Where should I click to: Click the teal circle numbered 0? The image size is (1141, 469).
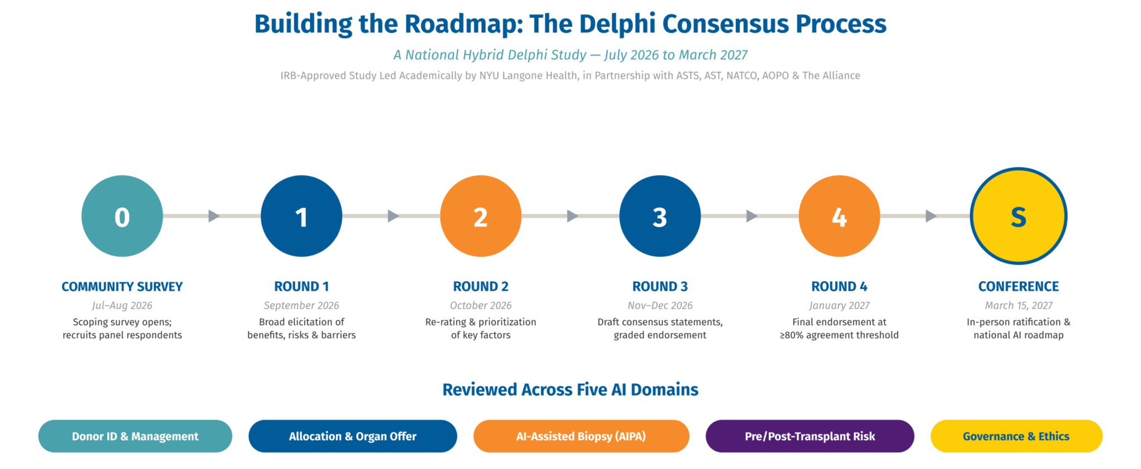click(x=122, y=216)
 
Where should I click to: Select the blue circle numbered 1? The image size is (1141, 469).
click(x=301, y=216)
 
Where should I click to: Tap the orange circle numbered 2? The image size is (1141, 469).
click(x=481, y=216)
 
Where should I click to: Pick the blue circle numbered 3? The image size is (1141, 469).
click(x=660, y=216)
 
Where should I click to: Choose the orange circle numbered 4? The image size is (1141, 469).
click(x=840, y=216)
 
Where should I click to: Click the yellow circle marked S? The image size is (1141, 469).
click(x=1018, y=216)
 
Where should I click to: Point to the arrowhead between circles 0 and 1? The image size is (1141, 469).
click(x=214, y=216)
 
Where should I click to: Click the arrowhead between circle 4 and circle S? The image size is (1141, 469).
click(x=931, y=216)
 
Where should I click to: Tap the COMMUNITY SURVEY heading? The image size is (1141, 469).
click(x=122, y=287)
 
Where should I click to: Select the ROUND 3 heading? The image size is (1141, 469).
click(x=660, y=287)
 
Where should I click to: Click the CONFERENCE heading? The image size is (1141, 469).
click(x=1018, y=287)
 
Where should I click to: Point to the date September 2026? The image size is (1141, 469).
click(x=301, y=306)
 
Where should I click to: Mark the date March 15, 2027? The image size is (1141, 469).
click(x=1018, y=306)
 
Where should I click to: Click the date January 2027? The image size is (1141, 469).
click(x=840, y=306)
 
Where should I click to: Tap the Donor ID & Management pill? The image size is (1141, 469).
click(x=135, y=436)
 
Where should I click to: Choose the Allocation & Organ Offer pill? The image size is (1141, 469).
click(x=353, y=436)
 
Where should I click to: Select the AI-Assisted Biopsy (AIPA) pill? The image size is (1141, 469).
click(x=581, y=436)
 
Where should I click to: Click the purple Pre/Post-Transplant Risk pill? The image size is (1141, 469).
click(x=810, y=436)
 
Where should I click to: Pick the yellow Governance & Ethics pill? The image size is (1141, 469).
click(x=1016, y=436)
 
